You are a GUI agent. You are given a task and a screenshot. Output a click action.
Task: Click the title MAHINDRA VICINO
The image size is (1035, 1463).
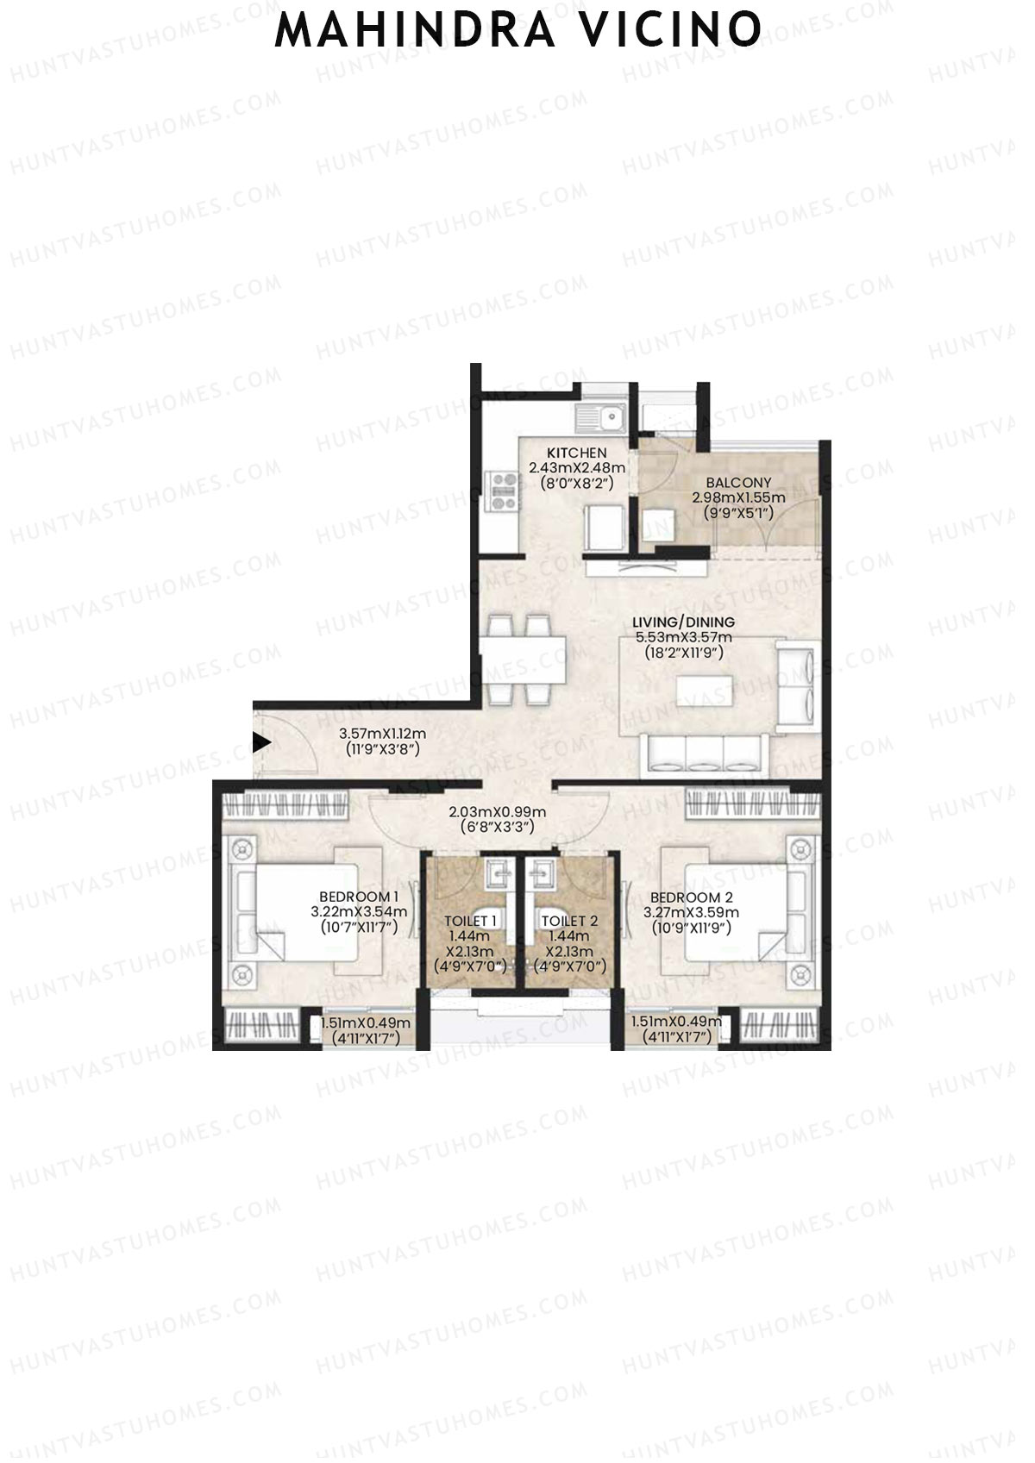pos(517,29)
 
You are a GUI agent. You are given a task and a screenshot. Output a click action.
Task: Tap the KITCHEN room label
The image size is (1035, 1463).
pos(576,453)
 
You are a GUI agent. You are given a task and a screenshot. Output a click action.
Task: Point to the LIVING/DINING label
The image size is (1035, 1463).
pos(683,622)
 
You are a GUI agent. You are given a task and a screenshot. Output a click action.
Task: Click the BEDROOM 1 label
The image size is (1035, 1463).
pos(359,897)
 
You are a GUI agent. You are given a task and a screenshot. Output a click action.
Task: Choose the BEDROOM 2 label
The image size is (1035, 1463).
pos(691,897)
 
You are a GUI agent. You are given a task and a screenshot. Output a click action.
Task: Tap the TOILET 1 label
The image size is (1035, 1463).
pos(470,922)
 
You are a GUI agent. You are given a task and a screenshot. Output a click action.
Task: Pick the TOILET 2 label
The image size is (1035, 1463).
pos(570,922)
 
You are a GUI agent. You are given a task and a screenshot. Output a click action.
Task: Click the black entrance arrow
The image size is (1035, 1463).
pos(262,742)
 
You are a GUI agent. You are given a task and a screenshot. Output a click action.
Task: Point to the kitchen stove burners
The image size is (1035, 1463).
pos(504,491)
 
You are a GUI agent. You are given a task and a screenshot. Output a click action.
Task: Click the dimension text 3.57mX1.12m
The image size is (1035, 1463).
pos(382,735)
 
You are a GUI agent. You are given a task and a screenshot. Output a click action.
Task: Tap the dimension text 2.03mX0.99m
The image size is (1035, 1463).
pos(498,812)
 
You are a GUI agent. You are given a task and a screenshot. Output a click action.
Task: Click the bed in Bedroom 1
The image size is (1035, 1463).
pos(306,912)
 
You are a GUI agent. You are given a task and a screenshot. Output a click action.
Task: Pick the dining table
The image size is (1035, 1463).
pos(523,659)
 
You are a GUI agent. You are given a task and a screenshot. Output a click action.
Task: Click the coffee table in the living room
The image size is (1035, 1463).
pos(706,691)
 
